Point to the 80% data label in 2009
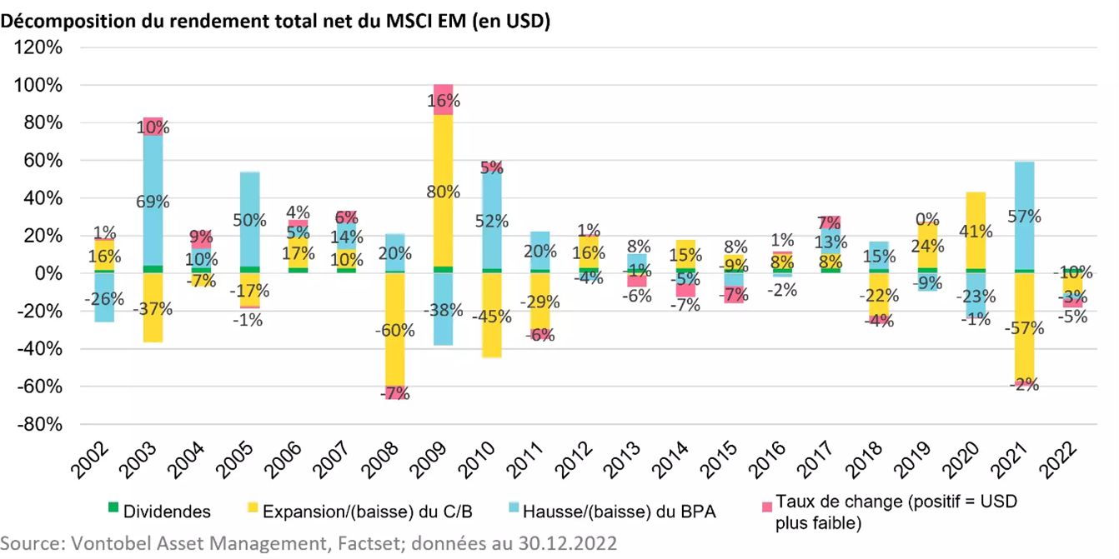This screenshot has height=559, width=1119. (x=443, y=192)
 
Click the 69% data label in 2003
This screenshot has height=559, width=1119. (x=152, y=202)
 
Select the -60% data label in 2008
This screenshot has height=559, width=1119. (x=394, y=330)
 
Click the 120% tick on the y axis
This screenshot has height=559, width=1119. (x=38, y=47)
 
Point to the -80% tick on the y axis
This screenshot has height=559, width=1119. (x=38, y=424)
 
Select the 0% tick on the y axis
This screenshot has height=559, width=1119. (x=47, y=273)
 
